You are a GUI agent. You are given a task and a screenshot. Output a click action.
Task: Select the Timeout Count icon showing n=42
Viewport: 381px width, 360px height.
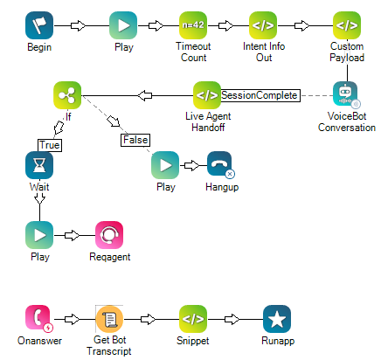pos(193,25)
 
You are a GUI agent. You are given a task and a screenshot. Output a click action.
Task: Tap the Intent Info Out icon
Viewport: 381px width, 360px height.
pos(263,25)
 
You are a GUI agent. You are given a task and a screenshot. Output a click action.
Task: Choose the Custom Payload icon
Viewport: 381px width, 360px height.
pos(346,25)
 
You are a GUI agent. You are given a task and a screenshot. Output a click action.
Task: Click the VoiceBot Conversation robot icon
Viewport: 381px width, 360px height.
pos(346,95)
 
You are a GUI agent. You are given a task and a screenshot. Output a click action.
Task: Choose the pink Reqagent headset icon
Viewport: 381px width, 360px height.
pos(109,235)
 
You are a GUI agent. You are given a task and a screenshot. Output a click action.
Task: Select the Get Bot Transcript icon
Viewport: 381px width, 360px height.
pos(109,319)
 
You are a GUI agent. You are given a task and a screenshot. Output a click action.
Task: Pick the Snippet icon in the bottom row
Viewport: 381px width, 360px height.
pos(193,319)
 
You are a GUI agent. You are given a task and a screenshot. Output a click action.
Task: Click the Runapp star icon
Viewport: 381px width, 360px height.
pos(277,319)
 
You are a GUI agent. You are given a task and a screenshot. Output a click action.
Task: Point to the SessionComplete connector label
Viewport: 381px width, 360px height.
pos(260,94)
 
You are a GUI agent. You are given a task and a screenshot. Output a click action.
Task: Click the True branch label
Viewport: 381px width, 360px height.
pos(50,144)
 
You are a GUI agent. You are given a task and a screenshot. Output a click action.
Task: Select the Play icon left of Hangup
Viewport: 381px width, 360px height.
pos(165,165)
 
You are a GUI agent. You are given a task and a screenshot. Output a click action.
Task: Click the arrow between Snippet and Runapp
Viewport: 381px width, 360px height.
pos(235,319)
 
